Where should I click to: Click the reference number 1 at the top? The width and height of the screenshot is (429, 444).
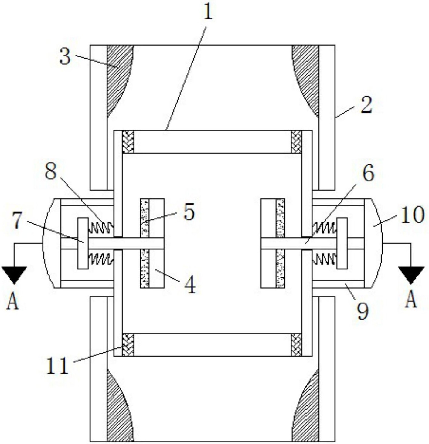click(x=208, y=12)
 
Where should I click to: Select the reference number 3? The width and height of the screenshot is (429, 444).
click(x=65, y=56)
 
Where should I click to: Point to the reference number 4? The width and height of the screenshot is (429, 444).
click(x=190, y=284)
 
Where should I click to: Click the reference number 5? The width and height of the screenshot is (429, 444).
click(x=189, y=212)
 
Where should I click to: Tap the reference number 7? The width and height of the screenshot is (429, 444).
click(x=19, y=221)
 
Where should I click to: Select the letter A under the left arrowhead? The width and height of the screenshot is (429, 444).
click(x=12, y=301)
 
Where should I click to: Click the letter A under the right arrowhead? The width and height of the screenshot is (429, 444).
click(x=411, y=299)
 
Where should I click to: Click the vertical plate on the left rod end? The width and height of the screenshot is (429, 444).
click(x=83, y=243)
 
